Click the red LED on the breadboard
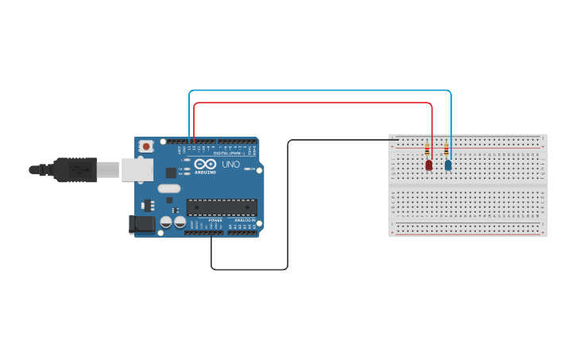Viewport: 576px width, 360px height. [429, 165]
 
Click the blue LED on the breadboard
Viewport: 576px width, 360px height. [448, 165]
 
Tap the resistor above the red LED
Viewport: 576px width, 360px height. [429, 149]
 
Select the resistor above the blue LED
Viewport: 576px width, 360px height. [446, 149]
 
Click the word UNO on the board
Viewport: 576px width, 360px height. [230, 165]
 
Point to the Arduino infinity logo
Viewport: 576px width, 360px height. [205, 165]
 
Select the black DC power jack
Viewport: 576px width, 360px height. [142, 224]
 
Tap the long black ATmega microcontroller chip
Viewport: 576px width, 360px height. [222, 207]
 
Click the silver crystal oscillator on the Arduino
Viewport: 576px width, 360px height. [169, 189]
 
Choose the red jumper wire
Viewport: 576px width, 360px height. [318, 103]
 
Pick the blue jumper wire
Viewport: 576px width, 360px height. [318, 91]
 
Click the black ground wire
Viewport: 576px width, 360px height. [287, 207]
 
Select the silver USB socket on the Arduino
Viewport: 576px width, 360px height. [137, 169]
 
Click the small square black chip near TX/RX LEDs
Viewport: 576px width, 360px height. [171, 172]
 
